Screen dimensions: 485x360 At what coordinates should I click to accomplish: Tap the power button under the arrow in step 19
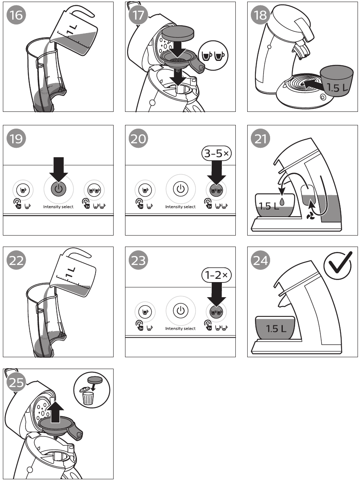coord(58,189)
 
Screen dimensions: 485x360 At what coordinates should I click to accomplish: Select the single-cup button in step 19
coord(22,189)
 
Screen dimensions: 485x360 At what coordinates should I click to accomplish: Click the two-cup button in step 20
coord(216,189)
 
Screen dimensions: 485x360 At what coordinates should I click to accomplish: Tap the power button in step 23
coord(180,311)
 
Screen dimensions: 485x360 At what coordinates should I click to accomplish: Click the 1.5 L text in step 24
coord(276,328)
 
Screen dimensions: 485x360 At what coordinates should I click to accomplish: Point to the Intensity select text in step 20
coord(180,207)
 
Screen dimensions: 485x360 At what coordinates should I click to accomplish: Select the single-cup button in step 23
coord(145,311)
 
